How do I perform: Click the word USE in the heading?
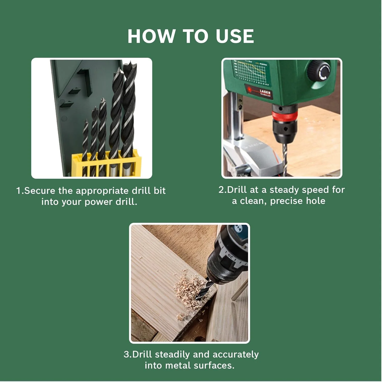235,36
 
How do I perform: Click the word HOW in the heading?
152,36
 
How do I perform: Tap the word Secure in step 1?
40,191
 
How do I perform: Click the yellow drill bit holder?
106,163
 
